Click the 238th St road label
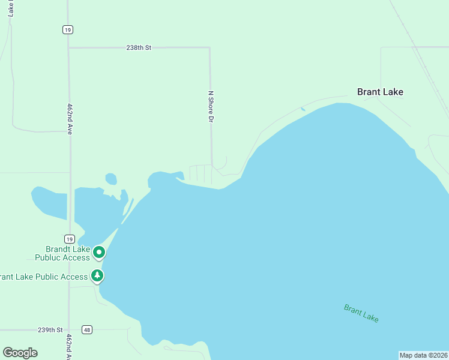139,47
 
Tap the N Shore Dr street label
211,107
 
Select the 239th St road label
50,330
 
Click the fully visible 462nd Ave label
70,118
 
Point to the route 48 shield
88,329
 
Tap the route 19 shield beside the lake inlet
70,238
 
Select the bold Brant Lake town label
380,92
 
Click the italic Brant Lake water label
361,313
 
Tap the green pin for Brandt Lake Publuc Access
99,253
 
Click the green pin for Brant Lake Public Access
97,275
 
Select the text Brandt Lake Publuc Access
68,253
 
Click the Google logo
20,353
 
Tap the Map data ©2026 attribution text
424,355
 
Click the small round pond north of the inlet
111,179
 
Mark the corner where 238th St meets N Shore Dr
209,47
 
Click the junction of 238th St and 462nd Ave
69,47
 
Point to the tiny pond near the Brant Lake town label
303,109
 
